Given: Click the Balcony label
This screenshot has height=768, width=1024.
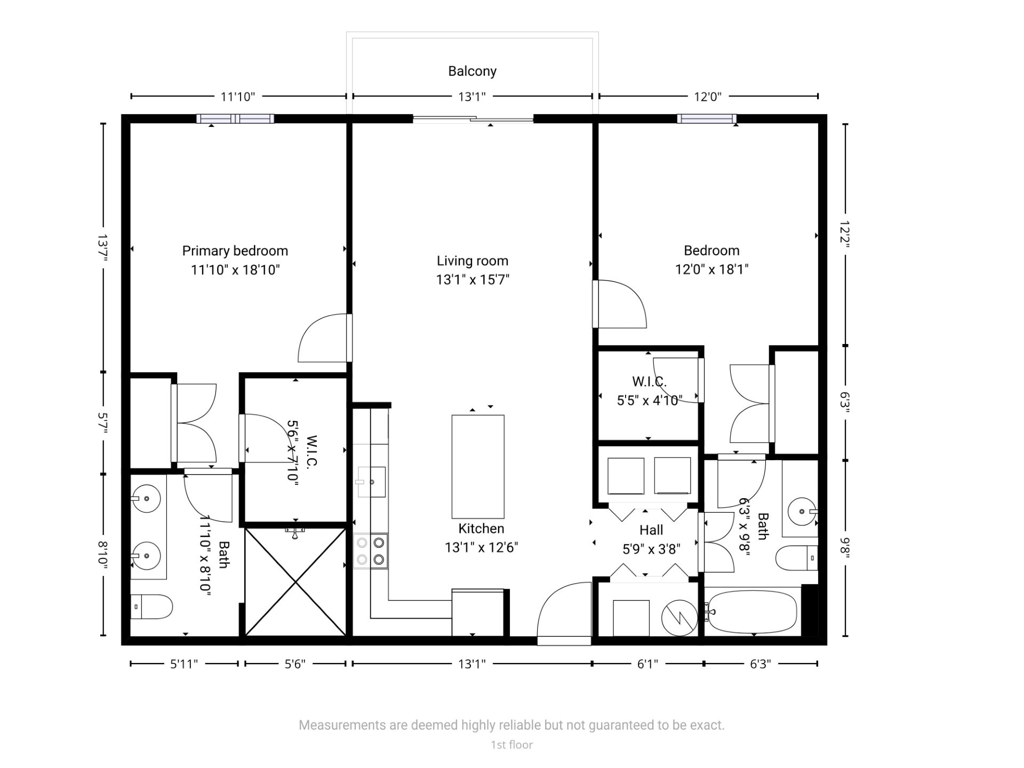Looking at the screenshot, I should tap(472, 71).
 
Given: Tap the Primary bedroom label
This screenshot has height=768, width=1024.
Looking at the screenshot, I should tap(235, 251).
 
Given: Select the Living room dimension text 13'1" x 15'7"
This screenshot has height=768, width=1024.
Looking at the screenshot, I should tap(473, 279).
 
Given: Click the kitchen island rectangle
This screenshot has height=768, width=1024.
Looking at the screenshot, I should tap(478, 467).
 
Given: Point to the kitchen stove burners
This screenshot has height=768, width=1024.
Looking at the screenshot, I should tap(371, 551).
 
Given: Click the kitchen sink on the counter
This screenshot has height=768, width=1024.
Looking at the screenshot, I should tap(372, 482).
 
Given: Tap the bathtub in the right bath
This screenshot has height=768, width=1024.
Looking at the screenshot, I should tap(753, 612).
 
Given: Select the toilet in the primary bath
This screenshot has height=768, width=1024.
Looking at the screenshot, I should tap(151, 607).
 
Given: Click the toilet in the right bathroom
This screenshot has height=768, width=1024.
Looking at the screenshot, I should tap(796, 558).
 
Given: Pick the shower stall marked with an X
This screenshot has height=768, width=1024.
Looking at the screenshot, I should tap(295, 581).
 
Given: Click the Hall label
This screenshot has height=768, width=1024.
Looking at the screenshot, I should tap(651, 530).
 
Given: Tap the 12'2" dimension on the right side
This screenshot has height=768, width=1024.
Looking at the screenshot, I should tap(844, 234).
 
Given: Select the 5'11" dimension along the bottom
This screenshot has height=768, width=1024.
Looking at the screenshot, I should tap(184, 664).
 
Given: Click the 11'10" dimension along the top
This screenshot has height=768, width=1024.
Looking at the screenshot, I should tap(238, 97).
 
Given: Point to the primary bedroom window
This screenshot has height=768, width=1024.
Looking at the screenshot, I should tap(235, 119).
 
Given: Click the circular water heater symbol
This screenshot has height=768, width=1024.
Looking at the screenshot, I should tap(679, 618).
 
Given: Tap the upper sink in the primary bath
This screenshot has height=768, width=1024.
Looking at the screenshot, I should tap(146, 499).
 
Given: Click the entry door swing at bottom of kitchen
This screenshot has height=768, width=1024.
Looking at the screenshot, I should tap(564, 611).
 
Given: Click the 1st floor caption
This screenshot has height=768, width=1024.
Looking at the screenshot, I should tap(511, 745).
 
